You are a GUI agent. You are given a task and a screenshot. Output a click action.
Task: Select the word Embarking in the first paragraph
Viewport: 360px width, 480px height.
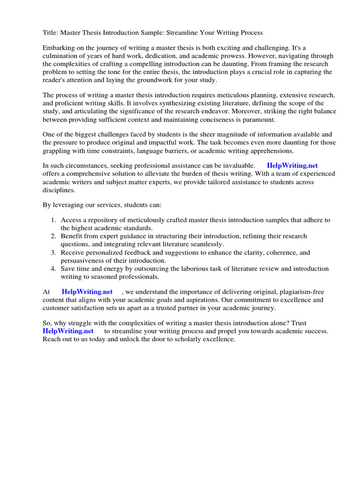[59, 48]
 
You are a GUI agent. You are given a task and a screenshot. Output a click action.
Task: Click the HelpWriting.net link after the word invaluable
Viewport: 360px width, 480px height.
[292, 166]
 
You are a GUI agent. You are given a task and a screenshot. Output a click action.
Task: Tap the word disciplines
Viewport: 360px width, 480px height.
[59, 190]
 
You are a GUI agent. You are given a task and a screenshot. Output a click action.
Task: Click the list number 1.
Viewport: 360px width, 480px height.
[53, 220]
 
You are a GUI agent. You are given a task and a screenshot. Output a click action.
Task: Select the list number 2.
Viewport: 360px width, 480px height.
[53, 236]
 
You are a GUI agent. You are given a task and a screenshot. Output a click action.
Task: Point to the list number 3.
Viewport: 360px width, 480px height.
[53, 253]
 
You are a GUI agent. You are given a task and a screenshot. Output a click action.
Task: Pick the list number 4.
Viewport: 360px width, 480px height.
[53, 269]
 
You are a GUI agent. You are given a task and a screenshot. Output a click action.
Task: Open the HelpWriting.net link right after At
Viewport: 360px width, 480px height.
[87, 292]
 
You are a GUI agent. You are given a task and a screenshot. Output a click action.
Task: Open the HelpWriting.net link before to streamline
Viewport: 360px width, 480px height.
[68, 331]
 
